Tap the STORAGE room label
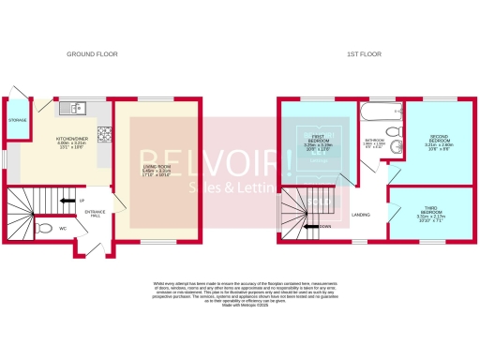pyautogui.click(x=18, y=120)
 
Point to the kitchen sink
pyautogui.click(x=70, y=108)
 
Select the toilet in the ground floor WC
pyautogui.click(x=44, y=227)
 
